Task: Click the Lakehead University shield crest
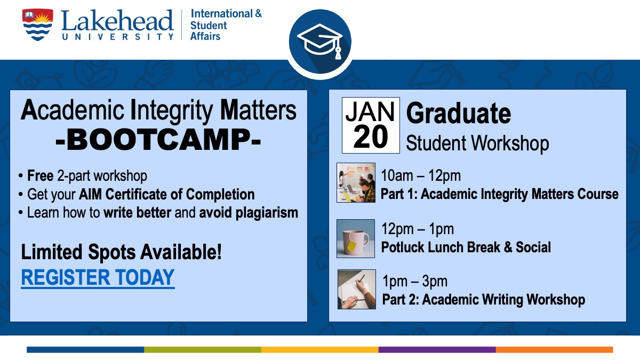click(37, 25)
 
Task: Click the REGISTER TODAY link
click(98, 277)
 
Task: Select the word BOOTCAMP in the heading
click(158, 139)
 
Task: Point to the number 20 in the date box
click(371, 137)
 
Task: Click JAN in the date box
click(370, 111)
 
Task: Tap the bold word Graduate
click(458, 114)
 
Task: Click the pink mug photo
click(356, 238)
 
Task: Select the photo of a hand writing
click(357, 289)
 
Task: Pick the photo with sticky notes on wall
click(356, 182)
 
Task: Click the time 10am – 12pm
click(421, 175)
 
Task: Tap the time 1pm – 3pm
click(415, 281)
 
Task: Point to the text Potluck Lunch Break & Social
click(466, 247)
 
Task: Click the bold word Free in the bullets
click(41, 175)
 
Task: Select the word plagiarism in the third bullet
click(267, 213)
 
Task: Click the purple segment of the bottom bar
click(437, 350)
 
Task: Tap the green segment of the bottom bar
click(203, 350)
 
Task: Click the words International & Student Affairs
click(226, 25)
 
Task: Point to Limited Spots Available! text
click(122, 252)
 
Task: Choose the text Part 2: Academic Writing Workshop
click(483, 299)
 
